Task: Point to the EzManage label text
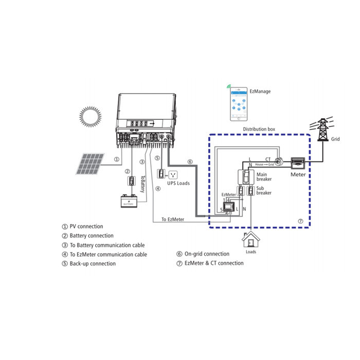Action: (x=260, y=92)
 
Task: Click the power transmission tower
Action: (x=322, y=128)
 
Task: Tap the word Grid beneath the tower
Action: (x=335, y=139)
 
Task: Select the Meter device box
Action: (x=298, y=164)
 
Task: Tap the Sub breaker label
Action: (x=264, y=190)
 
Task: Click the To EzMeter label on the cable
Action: (x=173, y=220)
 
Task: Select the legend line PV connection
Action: (x=82, y=226)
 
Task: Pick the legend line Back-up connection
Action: (x=88, y=264)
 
